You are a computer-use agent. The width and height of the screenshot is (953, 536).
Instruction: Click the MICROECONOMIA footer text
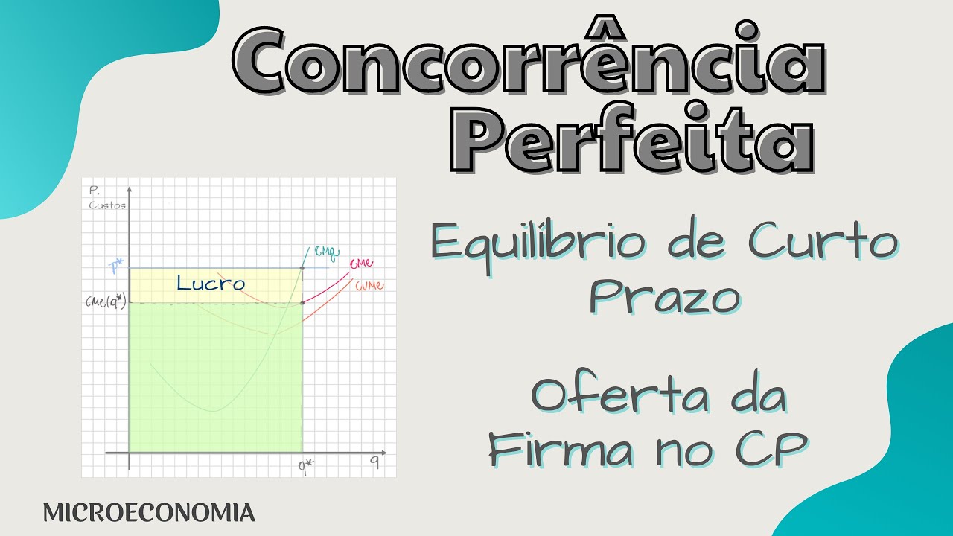pos(149,512)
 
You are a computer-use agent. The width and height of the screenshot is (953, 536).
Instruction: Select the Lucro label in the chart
pos(211,284)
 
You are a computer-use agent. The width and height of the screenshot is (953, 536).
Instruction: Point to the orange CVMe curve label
pos(370,287)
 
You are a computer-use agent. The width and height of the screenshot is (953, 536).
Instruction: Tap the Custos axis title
pos(107,205)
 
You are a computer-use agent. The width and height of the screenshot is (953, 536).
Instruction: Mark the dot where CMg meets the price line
pos(302,268)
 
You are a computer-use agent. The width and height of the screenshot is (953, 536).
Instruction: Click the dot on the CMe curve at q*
pos(302,303)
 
